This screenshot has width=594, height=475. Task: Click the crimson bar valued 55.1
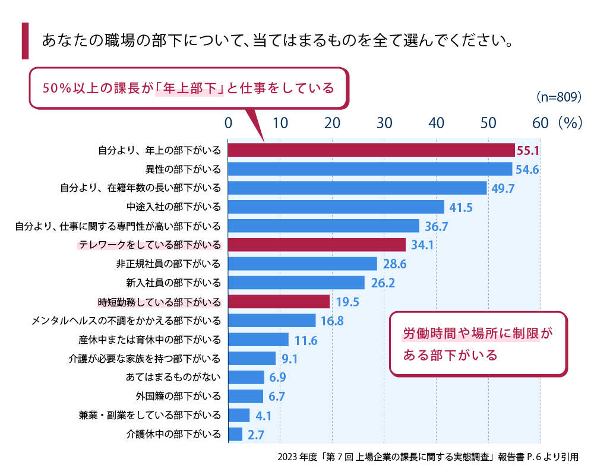(371, 150)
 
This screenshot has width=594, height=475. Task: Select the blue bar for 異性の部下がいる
(370, 169)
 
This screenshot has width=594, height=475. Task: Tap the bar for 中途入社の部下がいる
(336, 207)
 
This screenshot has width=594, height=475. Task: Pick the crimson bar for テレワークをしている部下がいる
(317, 245)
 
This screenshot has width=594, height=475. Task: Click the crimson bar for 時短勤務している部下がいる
(279, 302)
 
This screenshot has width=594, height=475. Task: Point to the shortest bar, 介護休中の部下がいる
(236, 434)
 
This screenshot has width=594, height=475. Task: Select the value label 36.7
(436, 227)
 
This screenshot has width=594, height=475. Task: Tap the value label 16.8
(332, 322)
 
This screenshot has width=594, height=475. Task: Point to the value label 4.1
(264, 416)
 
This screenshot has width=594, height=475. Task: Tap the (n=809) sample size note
(558, 96)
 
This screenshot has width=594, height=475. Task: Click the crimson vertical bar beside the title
(25, 41)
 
